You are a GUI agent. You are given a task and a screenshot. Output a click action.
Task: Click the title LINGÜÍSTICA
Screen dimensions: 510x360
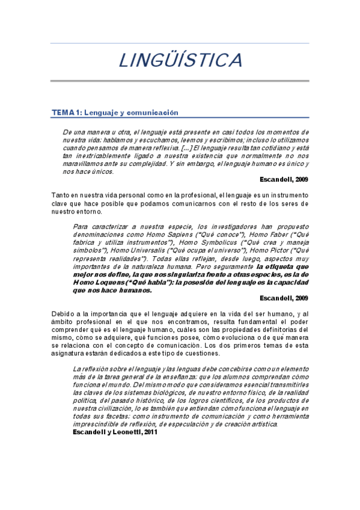[x=180, y=61]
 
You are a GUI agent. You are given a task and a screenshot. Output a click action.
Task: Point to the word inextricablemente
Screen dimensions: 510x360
[x=102, y=156]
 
